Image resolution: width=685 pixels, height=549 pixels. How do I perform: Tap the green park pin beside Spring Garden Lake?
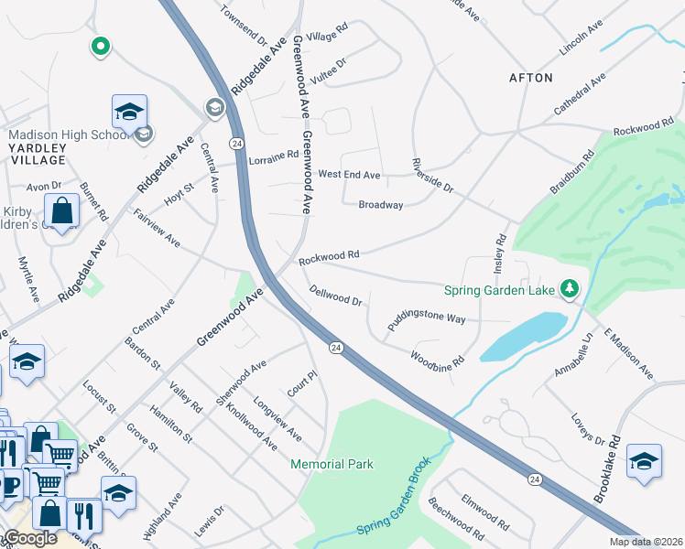(x=570, y=290)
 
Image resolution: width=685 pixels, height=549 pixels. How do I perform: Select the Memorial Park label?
(x=332, y=464)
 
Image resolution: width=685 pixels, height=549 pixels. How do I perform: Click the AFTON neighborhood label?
(x=531, y=78)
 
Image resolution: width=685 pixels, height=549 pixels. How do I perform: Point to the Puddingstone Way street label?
(x=426, y=317)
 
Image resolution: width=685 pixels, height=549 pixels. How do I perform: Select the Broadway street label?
(x=381, y=205)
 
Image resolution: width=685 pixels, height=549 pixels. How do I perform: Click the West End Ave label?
(x=349, y=174)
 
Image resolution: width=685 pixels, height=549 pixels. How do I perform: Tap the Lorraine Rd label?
(x=273, y=155)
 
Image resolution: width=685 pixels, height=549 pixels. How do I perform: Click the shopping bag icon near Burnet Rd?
(x=61, y=210)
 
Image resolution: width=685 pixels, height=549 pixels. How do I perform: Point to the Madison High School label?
(x=67, y=135)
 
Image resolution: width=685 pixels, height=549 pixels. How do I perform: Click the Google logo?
(x=30, y=538)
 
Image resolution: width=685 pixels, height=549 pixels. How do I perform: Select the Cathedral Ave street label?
(x=580, y=95)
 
